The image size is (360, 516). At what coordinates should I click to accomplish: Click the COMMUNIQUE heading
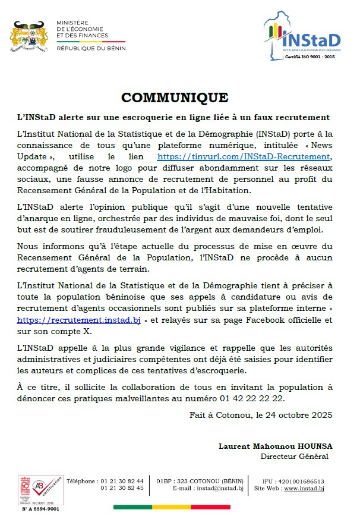click(174, 97)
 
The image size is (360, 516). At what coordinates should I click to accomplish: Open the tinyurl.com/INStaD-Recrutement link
click(243, 157)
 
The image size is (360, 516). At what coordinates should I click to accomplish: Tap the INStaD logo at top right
click(304, 37)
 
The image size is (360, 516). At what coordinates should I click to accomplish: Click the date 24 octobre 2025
click(296, 414)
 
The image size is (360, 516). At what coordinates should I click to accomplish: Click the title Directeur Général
click(294, 456)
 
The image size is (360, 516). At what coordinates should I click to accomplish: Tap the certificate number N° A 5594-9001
click(40, 508)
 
